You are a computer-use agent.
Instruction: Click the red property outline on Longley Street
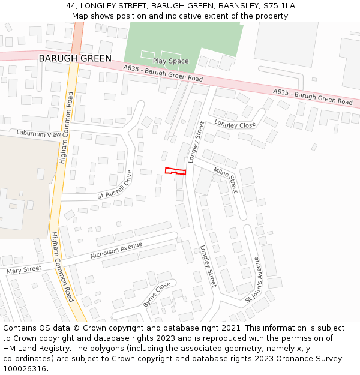(175, 171)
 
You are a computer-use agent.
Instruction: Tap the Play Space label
(170, 61)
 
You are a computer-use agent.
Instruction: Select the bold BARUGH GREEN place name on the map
(75, 58)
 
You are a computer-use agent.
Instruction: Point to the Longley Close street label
(235, 125)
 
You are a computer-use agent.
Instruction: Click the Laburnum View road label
(39, 133)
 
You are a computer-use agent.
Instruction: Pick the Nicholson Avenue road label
(116, 250)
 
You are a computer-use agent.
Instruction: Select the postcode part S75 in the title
(273, 6)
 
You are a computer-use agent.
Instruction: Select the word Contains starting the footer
(20, 328)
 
